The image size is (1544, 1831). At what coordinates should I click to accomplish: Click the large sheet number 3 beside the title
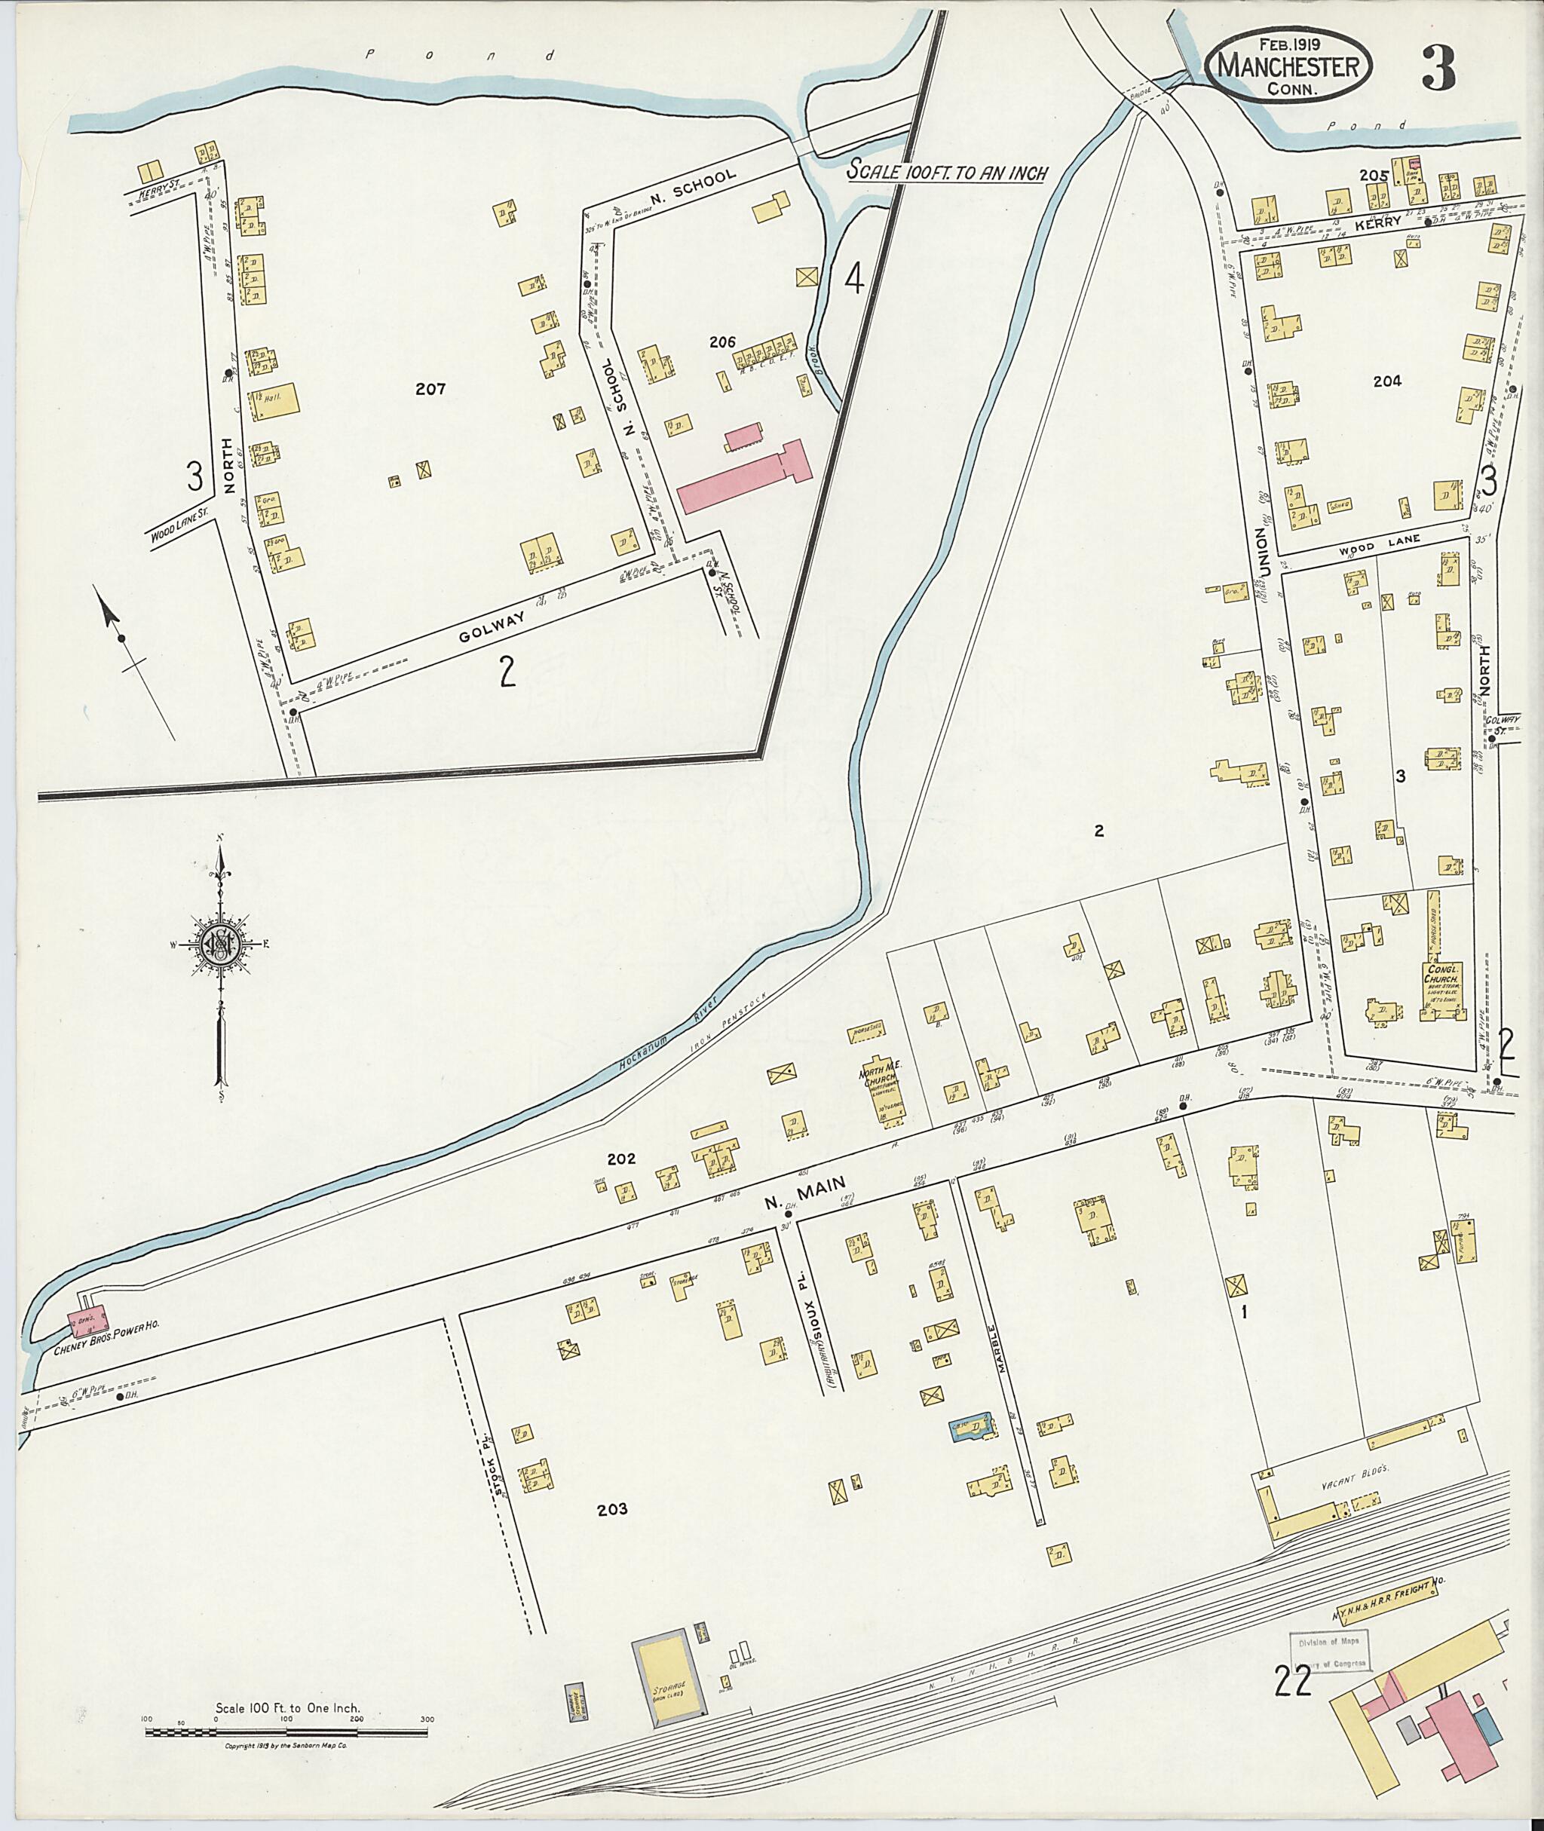point(1438,69)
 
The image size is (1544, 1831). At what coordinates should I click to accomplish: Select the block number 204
point(1388,381)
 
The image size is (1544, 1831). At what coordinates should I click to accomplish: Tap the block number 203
point(612,1509)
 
